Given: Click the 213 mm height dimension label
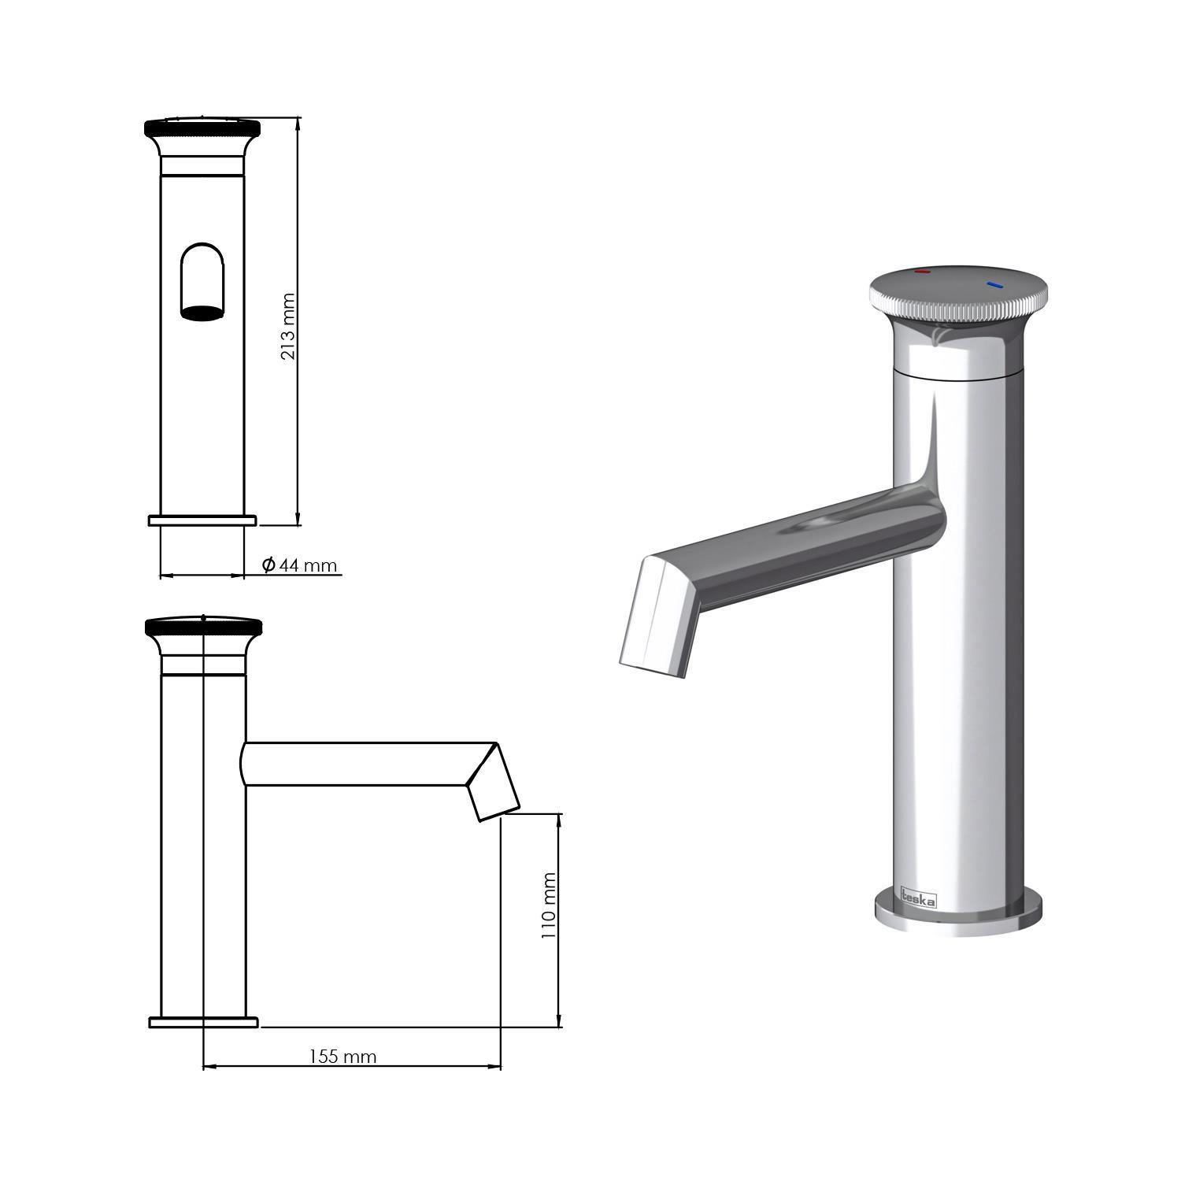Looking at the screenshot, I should tap(288, 327).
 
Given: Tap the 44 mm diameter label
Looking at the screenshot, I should tap(308, 565).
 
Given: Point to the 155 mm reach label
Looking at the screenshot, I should tap(342, 1057).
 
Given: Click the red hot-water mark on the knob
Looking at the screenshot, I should tap(921, 272).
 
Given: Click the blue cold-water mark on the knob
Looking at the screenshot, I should tap(994, 283).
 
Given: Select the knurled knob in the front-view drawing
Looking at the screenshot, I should tap(202, 127).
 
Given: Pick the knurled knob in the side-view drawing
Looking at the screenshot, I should tap(204, 627).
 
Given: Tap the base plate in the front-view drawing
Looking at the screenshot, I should tap(202, 520).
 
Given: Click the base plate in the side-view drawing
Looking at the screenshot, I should tap(203, 1022).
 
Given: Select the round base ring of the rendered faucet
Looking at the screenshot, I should tap(957, 916).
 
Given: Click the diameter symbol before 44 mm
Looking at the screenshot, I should tap(268, 565).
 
